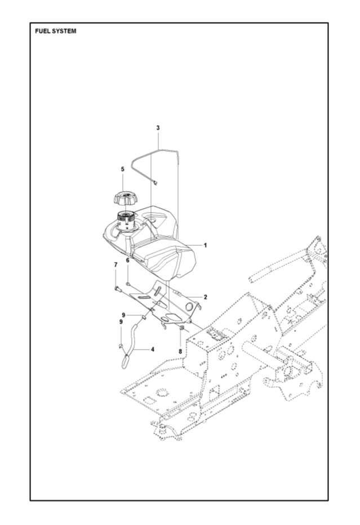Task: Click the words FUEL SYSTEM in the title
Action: click(x=55, y=31)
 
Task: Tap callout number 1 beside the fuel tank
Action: click(x=206, y=245)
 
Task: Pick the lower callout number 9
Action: click(x=120, y=321)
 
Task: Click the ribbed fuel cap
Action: click(x=125, y=198)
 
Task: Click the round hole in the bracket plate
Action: click(x=189, y=306)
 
